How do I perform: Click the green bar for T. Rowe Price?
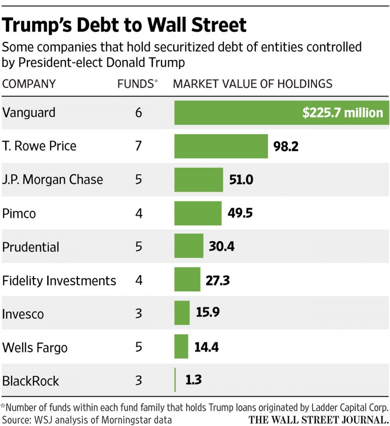click(221, 146)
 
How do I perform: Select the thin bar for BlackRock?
click(175, 380)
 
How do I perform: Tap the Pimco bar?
click(198, 214)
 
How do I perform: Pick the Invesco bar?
click(182, 313)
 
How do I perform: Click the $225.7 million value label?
click(343, 113)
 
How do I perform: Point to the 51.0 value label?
click(241, 180)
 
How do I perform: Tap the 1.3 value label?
click(193, 380)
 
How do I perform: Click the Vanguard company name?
click(29, 113)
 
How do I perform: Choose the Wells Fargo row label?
click(35, 348)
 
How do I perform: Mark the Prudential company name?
click(31, 247)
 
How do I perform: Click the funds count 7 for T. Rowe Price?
click(138, 146)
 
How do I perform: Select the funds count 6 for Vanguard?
click(138, 113)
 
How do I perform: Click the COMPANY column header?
click(29, 83)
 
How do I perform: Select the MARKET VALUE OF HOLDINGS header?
click(253, 83)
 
